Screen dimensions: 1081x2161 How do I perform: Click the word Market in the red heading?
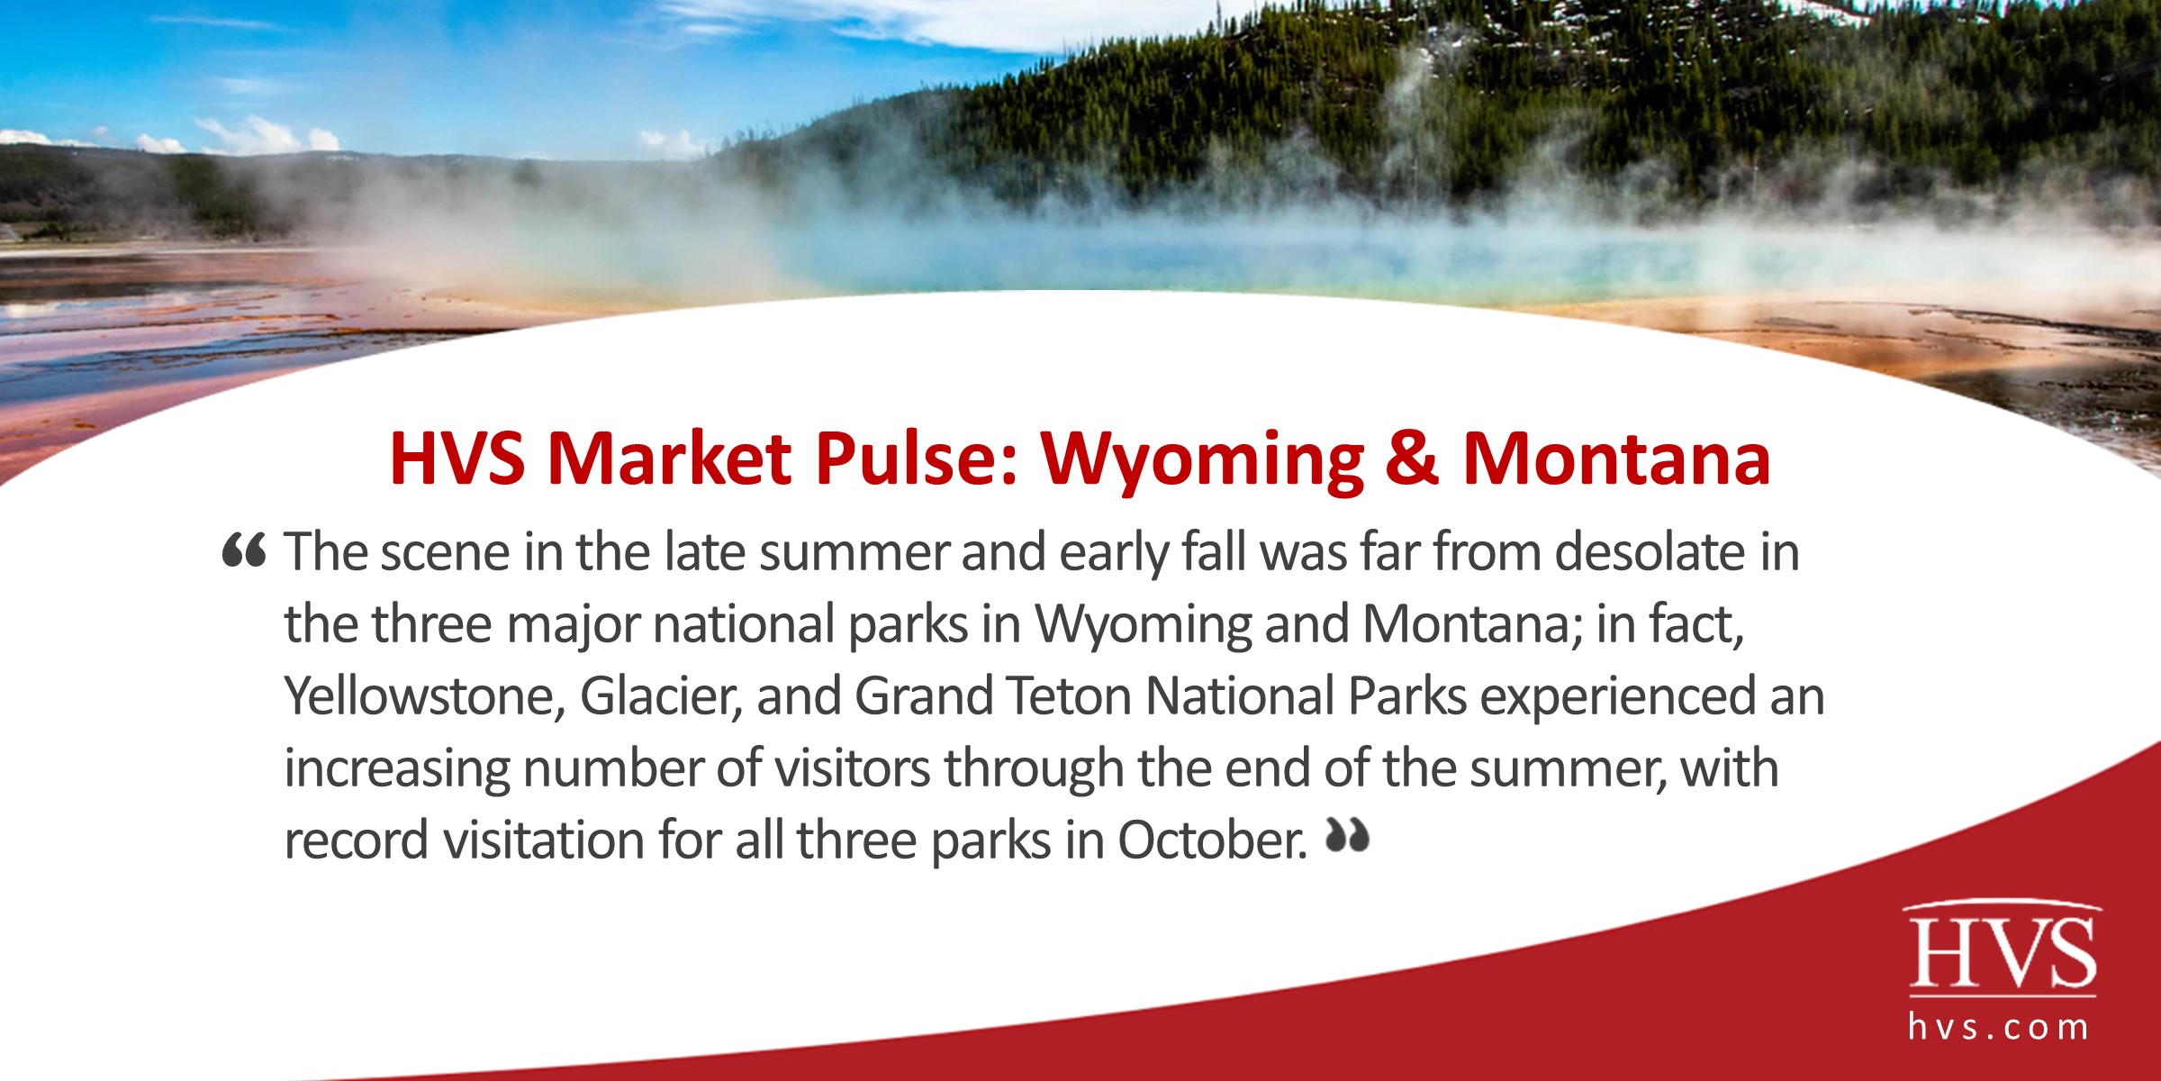click(669, 459)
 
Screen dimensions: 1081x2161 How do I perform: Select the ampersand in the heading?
click(1411, 459)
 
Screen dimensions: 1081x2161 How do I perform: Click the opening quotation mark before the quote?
click(244, 550)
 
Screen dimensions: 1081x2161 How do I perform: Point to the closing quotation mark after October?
click(1347, 837)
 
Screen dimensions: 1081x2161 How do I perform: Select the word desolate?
click(1650, 551)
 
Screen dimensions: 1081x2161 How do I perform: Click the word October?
click(1212, 840)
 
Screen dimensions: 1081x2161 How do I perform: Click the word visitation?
click(543, 840)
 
